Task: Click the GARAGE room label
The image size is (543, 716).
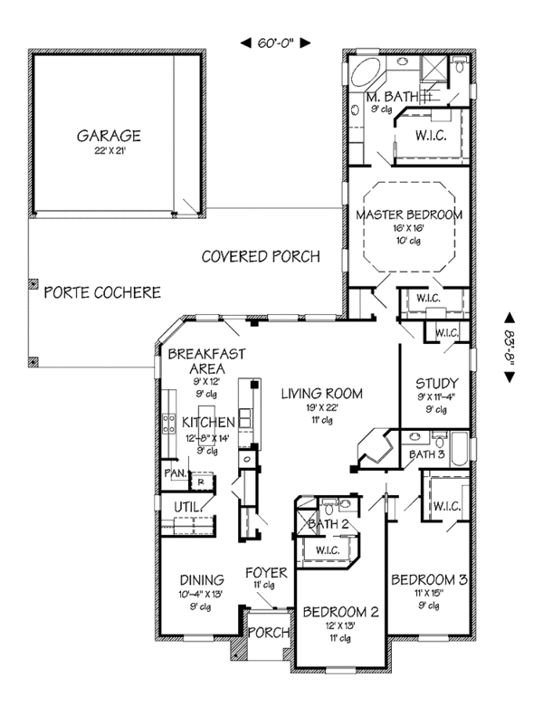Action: coord(108,136)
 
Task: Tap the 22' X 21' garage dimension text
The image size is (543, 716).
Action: coord(108,151)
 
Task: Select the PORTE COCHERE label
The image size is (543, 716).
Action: coord(102,292)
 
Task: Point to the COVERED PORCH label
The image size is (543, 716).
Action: coord(261,257)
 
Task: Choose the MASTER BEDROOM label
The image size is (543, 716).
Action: coord(409,215)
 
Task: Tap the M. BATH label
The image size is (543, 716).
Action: coord(391,97)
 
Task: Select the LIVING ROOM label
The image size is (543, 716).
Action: coord(321,394)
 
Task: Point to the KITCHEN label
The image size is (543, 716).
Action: coord(208,423)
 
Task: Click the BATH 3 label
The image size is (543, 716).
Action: coord(426,453)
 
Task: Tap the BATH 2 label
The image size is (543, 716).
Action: coord(330,523)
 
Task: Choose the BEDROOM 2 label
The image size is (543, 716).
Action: coord(339,612)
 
